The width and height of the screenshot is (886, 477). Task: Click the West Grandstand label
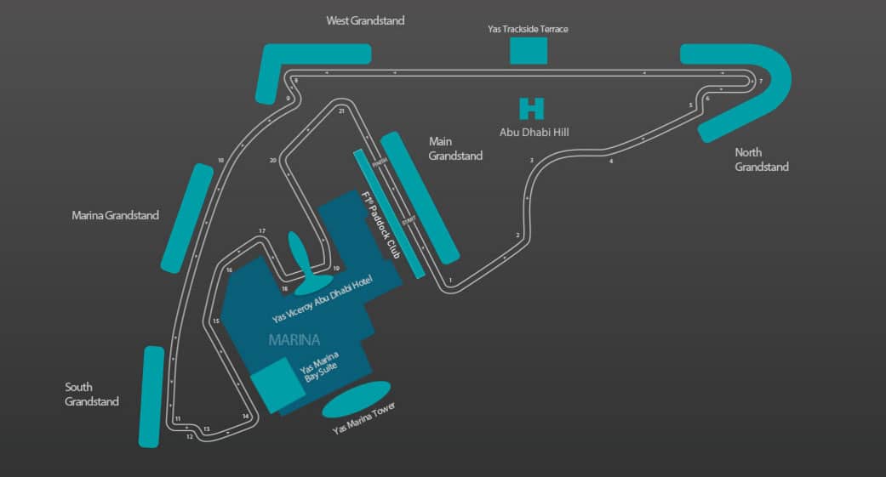(365, 20)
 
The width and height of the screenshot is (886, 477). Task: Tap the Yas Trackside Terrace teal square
(529, 50)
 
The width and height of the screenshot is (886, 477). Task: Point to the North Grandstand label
(762, 160)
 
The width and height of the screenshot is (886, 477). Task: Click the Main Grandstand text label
(455, 149)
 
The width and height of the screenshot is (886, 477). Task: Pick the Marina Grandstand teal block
(186, 218)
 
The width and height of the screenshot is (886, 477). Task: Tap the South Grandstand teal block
(151, 396)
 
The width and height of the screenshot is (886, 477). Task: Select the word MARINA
(294, 340)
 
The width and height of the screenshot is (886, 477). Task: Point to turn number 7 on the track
(760, 81)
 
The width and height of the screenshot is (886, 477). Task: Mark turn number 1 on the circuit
(450, 281)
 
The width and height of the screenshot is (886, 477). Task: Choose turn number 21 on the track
(341, 111)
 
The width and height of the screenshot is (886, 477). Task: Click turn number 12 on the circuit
(189, 437)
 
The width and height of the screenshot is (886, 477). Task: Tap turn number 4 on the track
(611, 161)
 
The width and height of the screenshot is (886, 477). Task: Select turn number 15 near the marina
(216, 321)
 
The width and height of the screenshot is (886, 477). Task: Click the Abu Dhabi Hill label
(533, 132)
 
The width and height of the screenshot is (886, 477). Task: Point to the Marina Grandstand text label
(115, 216)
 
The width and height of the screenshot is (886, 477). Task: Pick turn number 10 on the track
(220, 160)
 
